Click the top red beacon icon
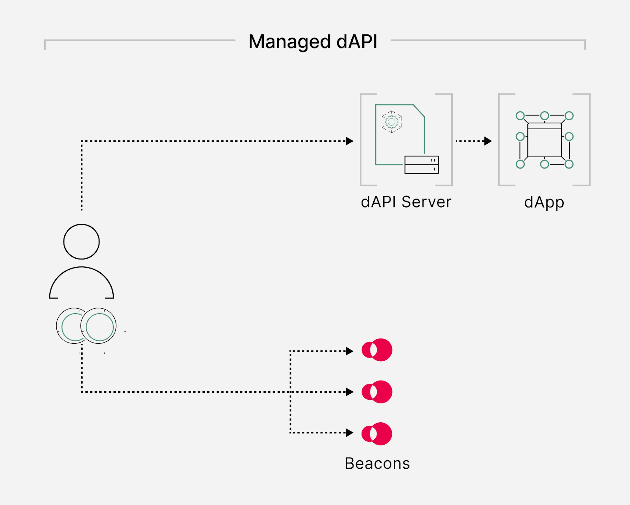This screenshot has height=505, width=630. click(377, 350)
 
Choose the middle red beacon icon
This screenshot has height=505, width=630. click(377, 392)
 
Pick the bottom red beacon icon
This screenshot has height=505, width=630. click(377, 434)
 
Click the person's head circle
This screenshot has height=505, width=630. click(82, 242)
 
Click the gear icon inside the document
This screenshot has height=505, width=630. click(392, 122)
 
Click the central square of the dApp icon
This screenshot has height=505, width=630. click(544, 142)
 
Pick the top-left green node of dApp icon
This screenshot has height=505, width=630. click(520, 116)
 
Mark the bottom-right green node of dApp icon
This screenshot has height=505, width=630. click(569, 164)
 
